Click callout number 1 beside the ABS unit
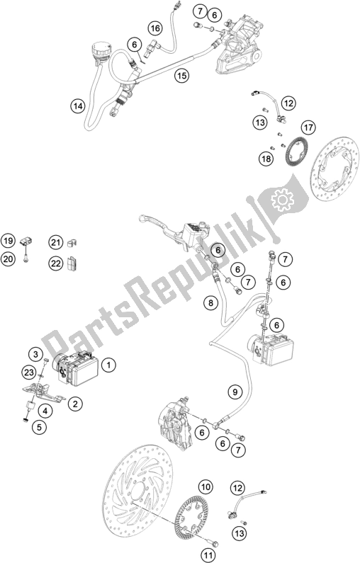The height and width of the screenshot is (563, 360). pos(108,365)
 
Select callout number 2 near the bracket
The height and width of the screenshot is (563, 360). pos(73,404)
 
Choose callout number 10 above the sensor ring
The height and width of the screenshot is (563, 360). pos(206,487)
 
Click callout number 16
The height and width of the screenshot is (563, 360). pos(155,28)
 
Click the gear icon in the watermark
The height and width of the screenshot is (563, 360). pos(279,201)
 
